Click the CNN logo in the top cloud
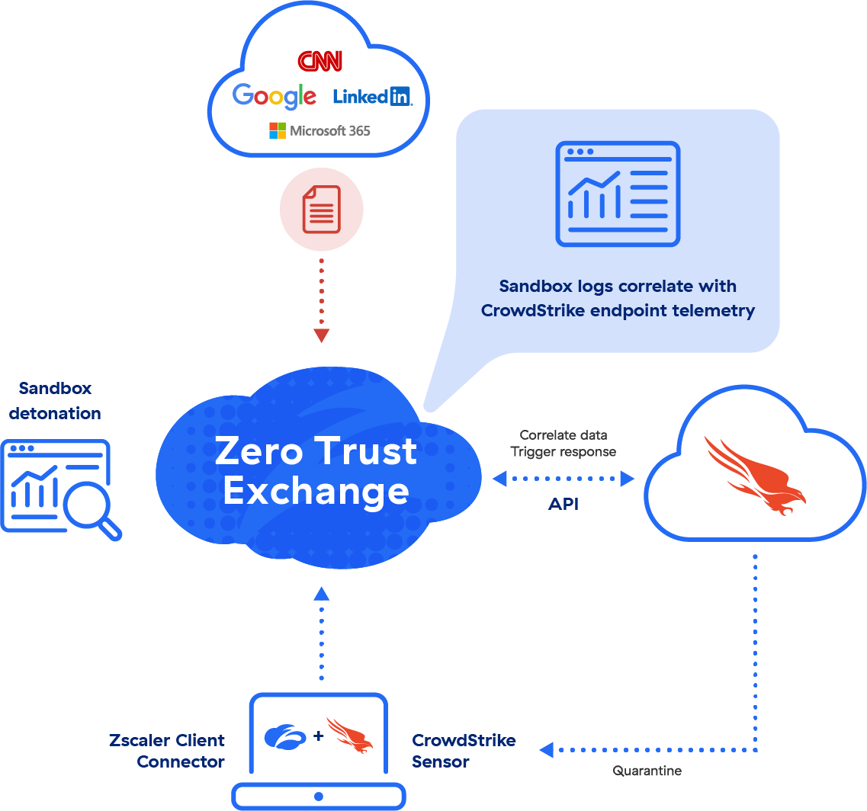(x=320, y=61)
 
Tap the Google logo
(x=275, y=96)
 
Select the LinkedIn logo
(x=372, y=97)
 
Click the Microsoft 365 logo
(x=320, y=130)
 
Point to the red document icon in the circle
(x=321, y=210)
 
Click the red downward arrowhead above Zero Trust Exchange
(x=321, y=335)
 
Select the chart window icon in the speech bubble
(x=617, y=194)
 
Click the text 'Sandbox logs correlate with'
(x=617, y=287)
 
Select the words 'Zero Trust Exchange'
(x=316, y=470)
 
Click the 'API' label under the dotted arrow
(x=563, y=505)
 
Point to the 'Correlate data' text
(x=563, y=435)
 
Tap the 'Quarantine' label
(x=647, y=771)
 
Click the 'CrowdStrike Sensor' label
(x=464, y=751)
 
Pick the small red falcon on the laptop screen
(x=349, y=735)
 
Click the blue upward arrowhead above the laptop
(x=321, y=593)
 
